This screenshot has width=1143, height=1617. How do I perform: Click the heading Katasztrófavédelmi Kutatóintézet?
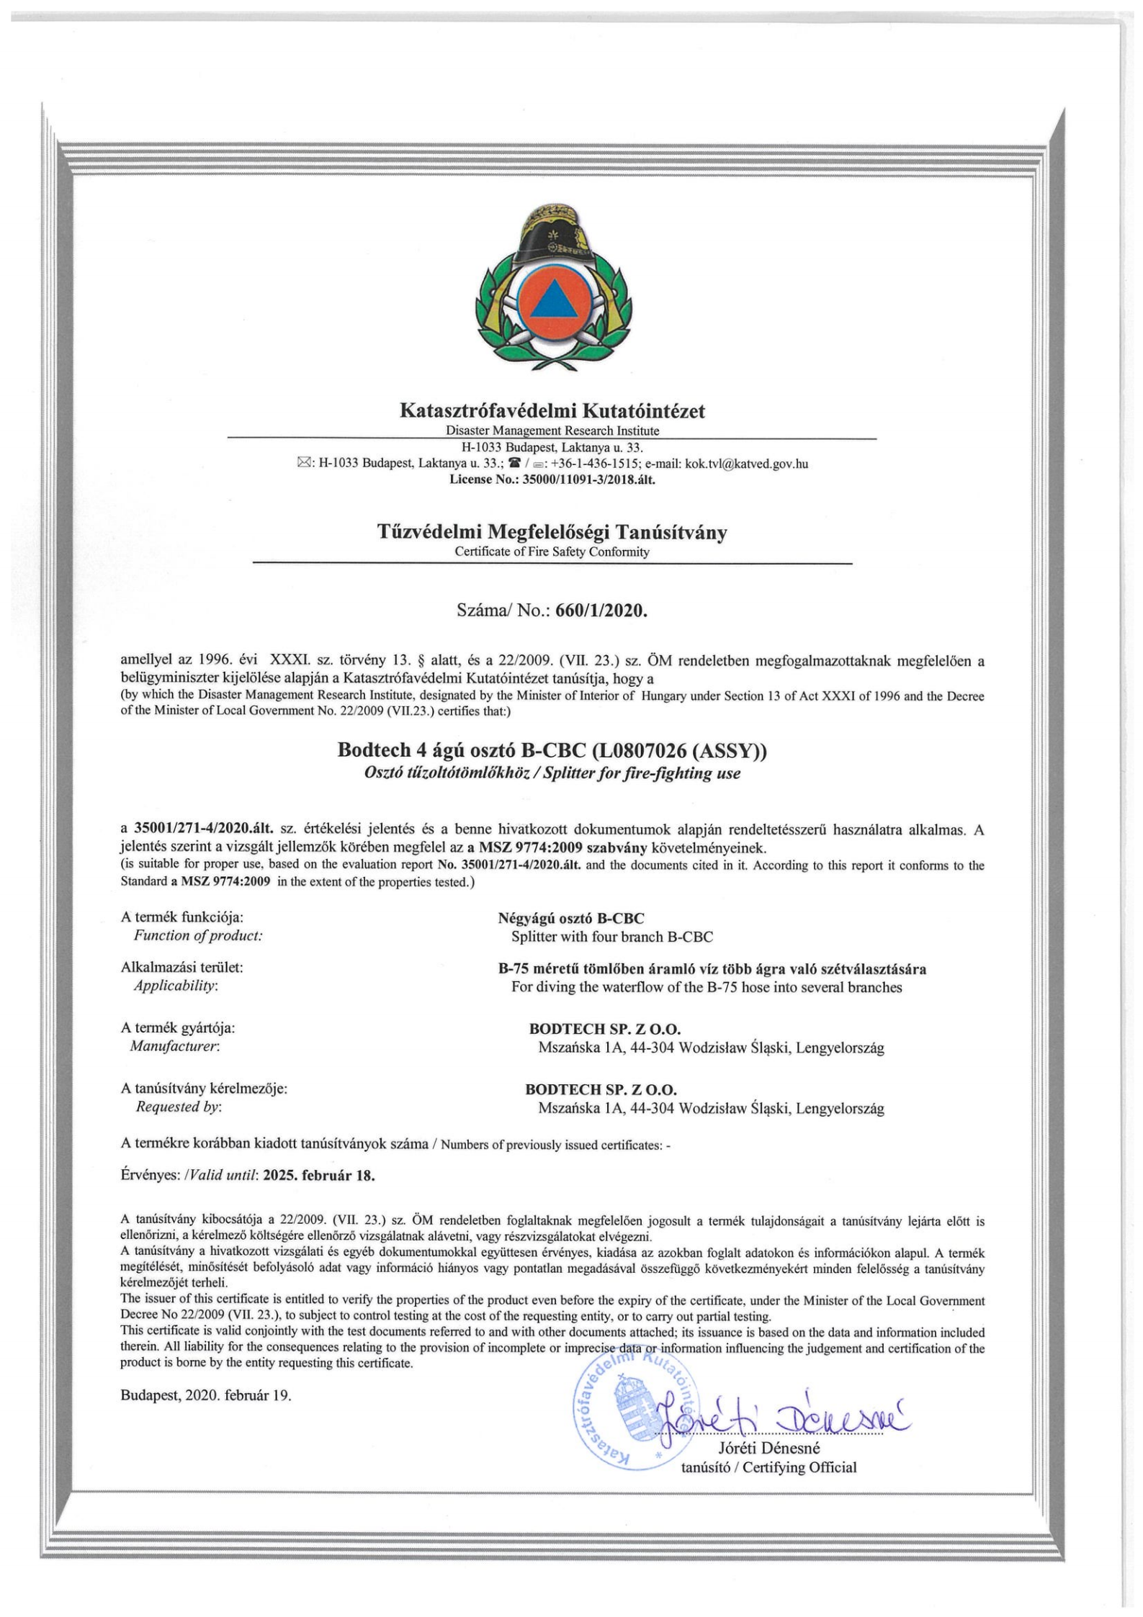[x=552, y=411]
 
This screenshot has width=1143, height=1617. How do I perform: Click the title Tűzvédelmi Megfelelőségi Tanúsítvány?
[x=552, y=533]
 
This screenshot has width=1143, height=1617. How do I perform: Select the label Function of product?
[x=199, y=936]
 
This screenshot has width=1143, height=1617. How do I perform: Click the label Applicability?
[x=176, y=986]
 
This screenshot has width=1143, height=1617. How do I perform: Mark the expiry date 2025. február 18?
[x=320, y=1176]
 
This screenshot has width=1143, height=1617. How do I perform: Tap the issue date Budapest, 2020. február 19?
[x=206, y=1395]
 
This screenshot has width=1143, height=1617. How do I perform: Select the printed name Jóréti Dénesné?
[x=769, y=1448]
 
